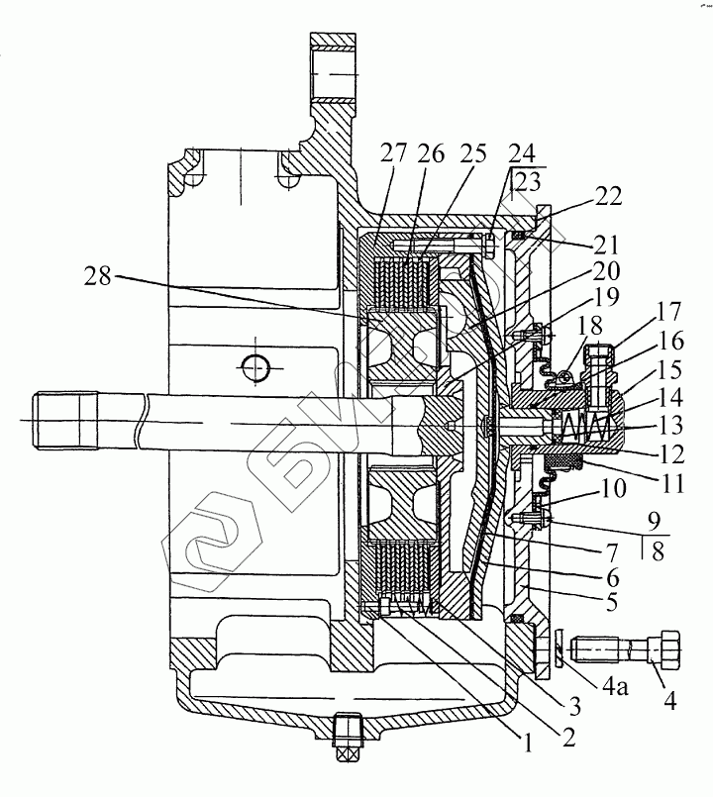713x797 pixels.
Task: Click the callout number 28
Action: (x=99, y=276)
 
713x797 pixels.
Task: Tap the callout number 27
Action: (x=393, y=153)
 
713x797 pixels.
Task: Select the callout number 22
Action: (x=608, y=196)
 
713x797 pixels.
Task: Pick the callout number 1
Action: (x=528, y=745)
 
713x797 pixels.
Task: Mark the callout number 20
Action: (x=607, y=271)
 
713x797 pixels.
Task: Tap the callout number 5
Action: (x=612, y=602)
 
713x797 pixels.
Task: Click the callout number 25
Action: (x=472, y=153)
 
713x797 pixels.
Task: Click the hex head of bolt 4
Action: (x=664, y=650)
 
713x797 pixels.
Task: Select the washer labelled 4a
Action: (x=560, y=650)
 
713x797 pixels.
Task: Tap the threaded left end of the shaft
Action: (x=65, y=421)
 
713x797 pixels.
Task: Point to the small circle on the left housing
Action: (x=255, y=367)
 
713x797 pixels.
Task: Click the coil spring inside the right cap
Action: (x=584, y=426)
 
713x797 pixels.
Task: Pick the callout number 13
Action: (x=670, y=426)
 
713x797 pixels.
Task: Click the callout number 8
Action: (x=658, y=551)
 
